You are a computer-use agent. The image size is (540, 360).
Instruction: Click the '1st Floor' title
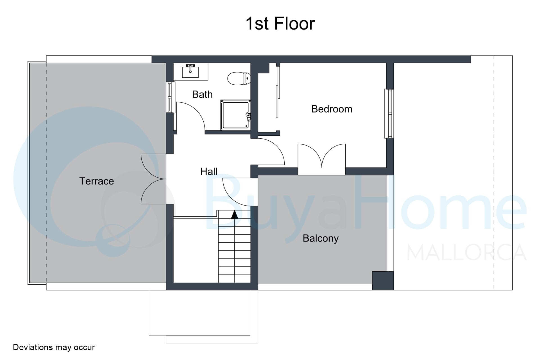[280, 23]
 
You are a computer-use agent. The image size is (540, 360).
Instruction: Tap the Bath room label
[202, 94]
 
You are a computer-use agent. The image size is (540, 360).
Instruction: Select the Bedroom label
[332, 109]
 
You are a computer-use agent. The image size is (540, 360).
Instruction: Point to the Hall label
[209, 172]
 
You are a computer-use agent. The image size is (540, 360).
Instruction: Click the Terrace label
[96, 181]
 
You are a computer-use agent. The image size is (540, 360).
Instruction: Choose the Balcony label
[321, 238]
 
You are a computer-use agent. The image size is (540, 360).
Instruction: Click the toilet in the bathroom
[239, 78]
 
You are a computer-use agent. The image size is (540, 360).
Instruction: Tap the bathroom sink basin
[190, 71]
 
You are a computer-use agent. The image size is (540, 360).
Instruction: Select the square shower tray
[235, 115]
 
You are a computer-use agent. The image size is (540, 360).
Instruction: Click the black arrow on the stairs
[235, 215]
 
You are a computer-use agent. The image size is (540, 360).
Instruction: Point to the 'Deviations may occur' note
[54, 347]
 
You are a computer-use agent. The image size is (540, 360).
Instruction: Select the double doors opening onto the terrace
[154, 179]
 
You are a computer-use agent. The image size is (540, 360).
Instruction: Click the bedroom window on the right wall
[389, 114]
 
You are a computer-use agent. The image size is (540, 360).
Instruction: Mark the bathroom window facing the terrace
[170, 97]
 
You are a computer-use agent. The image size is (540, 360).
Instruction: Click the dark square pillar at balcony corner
[383, 281]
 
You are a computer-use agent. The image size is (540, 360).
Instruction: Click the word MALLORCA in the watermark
[466, 252]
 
